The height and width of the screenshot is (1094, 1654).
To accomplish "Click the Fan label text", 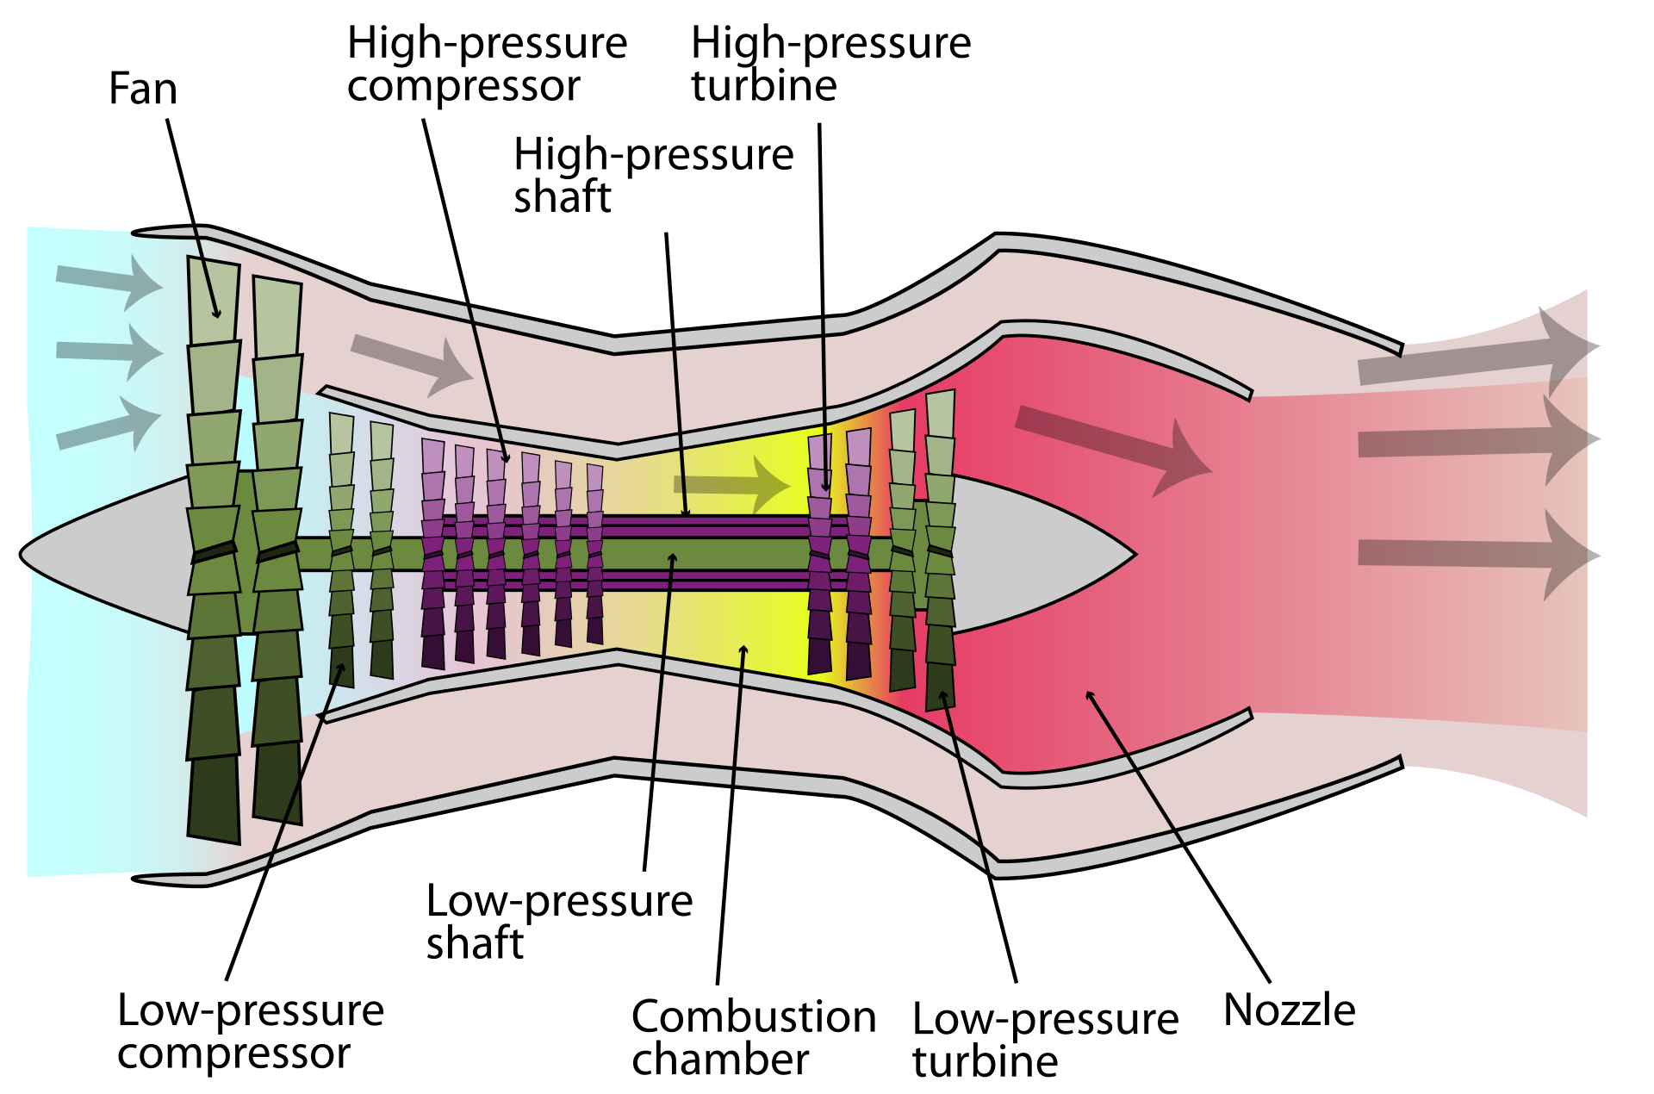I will (x=143, y=89).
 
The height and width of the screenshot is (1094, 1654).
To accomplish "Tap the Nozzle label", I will (x=1289, y=1010).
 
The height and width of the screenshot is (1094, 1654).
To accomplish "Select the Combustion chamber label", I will (x=754, y=1037).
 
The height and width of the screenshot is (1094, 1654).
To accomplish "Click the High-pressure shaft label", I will (x=653, y=176).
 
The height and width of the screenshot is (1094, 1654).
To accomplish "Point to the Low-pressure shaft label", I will (x=559, y=922).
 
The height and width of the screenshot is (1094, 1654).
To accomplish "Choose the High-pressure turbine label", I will (x=830, y=64).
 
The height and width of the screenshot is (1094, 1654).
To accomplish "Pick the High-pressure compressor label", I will (x=487, y=64).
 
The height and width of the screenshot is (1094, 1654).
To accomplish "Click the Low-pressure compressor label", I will (x=251, y=1031).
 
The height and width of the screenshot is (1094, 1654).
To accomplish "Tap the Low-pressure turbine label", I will (x=1045, y=1040).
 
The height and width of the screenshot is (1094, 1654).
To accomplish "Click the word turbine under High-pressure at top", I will (x=764, y=85).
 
